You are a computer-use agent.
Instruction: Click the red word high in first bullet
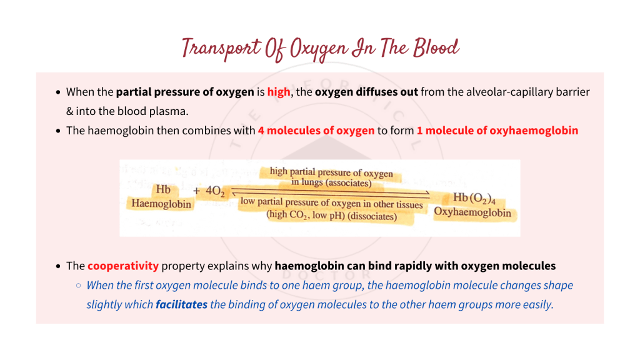point(279,92)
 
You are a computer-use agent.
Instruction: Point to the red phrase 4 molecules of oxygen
point(316,131)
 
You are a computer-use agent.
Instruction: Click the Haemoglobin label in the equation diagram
point(161,204)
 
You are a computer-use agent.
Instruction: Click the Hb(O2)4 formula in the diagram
point(478,199)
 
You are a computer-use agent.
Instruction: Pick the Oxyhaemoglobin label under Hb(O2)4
point(472,212)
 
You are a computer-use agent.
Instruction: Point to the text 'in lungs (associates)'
point(331,183)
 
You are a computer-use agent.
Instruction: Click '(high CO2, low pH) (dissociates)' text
point(332,216)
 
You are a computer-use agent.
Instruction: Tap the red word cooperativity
point(123,266)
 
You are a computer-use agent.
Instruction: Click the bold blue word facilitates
point(181,304)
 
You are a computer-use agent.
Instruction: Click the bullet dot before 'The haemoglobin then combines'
point(58,131)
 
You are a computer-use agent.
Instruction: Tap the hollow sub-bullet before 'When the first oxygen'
point(78,286)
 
